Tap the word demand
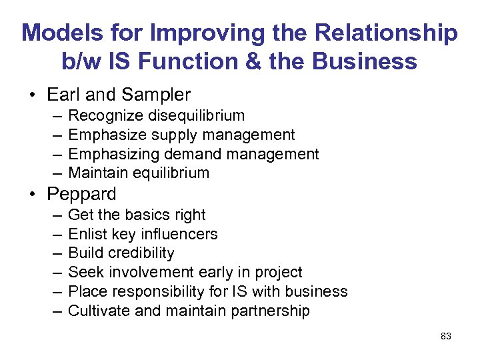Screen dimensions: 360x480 (x=195, y=154)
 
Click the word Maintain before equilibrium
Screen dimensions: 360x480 (x=99, y=173)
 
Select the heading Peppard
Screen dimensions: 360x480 (x=81, y=194)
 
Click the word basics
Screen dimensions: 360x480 (x=144, y=215)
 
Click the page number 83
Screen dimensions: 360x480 (x=446, y=336)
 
